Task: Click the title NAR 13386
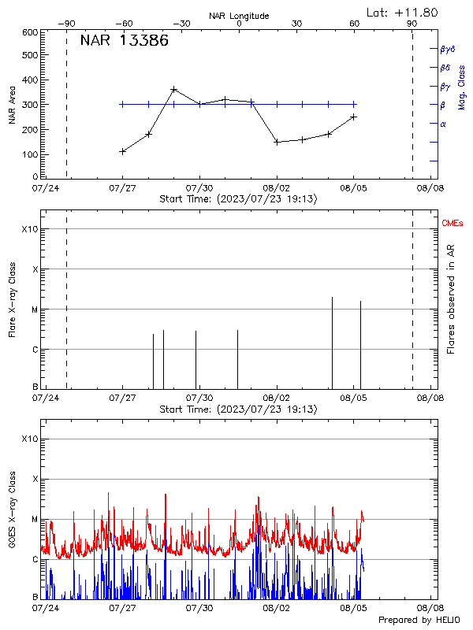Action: pyautogui.click(x=124, y=42)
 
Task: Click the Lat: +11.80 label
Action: pyautogui.click(x=403, y=12)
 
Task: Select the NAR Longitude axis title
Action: pyautogui.click(x=239, y=15)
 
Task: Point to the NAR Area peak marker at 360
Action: pyautogui.click(x=173, y=90)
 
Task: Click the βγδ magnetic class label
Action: pyautogui.click(x=447, y=49)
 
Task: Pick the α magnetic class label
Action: pyautogui.click(x=443, y=124)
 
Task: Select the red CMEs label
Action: pyautogui.click(x=453, y=224)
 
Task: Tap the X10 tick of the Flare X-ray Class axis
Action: pyautogui.click(x=29, y=229)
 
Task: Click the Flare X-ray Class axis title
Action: pyautogui.click(x=12, y=299)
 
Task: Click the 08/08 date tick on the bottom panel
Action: pyautogui.click(x=431, y=608)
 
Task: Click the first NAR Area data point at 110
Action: pyautogui.click(x=122, y=151)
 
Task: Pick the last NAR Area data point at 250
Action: pyautogui.click(x=354, y=117)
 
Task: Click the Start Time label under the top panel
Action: pyautogui.click(x=238, y=199)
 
